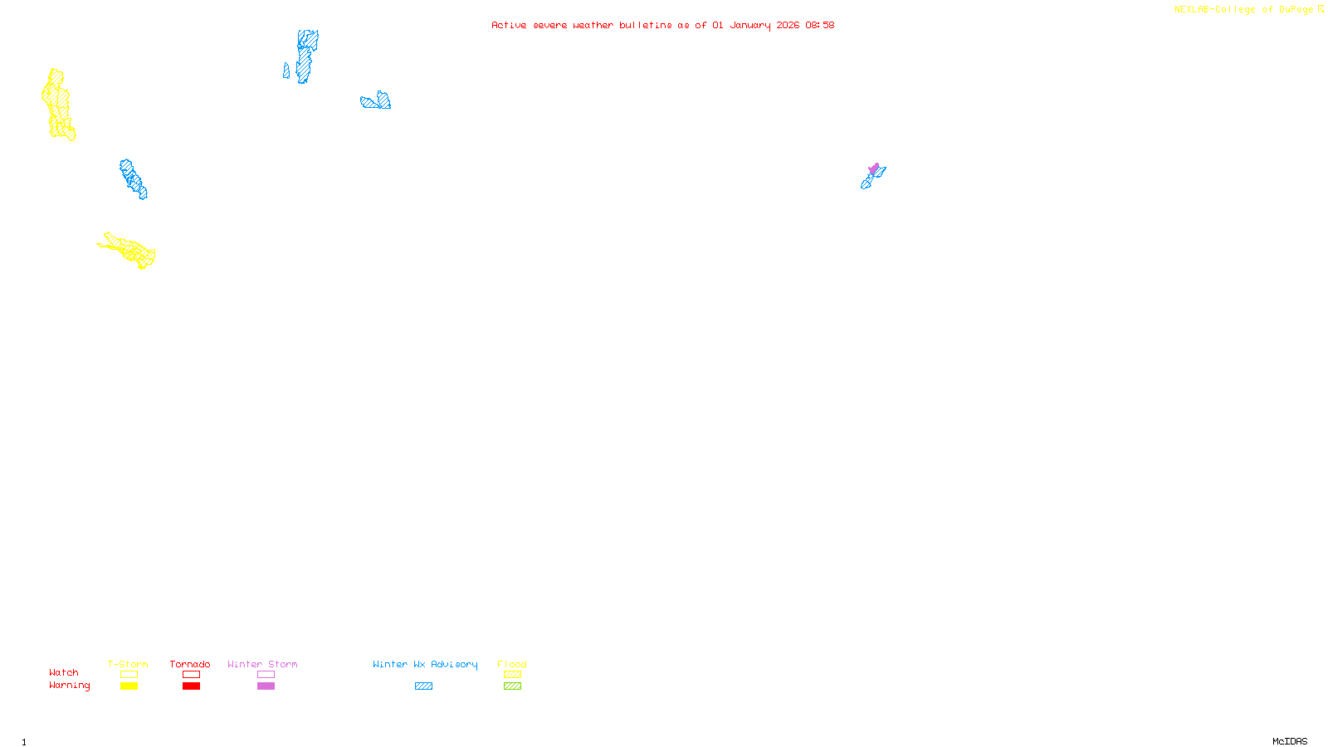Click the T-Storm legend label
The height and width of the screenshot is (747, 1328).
point(128,664)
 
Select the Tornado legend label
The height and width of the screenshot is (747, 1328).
point(190,664)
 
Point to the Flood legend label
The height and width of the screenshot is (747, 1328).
point(512,664)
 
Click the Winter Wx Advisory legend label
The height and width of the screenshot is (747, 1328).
point(425,664)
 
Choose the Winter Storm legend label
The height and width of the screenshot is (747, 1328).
point(262,664)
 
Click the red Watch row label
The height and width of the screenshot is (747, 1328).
point(64,672)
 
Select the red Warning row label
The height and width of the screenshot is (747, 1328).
point(70,686)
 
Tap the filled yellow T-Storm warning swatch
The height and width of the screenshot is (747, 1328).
point(129,686)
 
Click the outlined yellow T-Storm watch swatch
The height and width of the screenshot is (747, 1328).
point(129,675)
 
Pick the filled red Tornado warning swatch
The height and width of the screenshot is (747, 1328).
point(192,686)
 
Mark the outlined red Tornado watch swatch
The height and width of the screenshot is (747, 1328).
point(192,675)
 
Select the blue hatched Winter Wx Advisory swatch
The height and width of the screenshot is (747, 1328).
point(423,686)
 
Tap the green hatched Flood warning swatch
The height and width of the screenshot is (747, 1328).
point(512,686)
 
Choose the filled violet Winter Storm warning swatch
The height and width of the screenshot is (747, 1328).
point(266,686)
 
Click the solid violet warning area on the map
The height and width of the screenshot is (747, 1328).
point(874,168)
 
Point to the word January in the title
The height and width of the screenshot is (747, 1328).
point(750,25)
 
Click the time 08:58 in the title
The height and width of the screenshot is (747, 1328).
point(820,25)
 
